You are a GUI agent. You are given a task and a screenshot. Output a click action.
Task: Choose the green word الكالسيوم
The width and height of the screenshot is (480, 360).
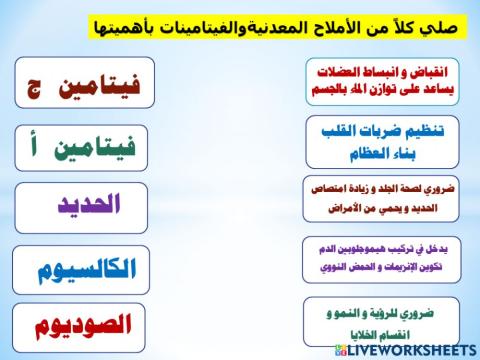pos(86,269)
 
